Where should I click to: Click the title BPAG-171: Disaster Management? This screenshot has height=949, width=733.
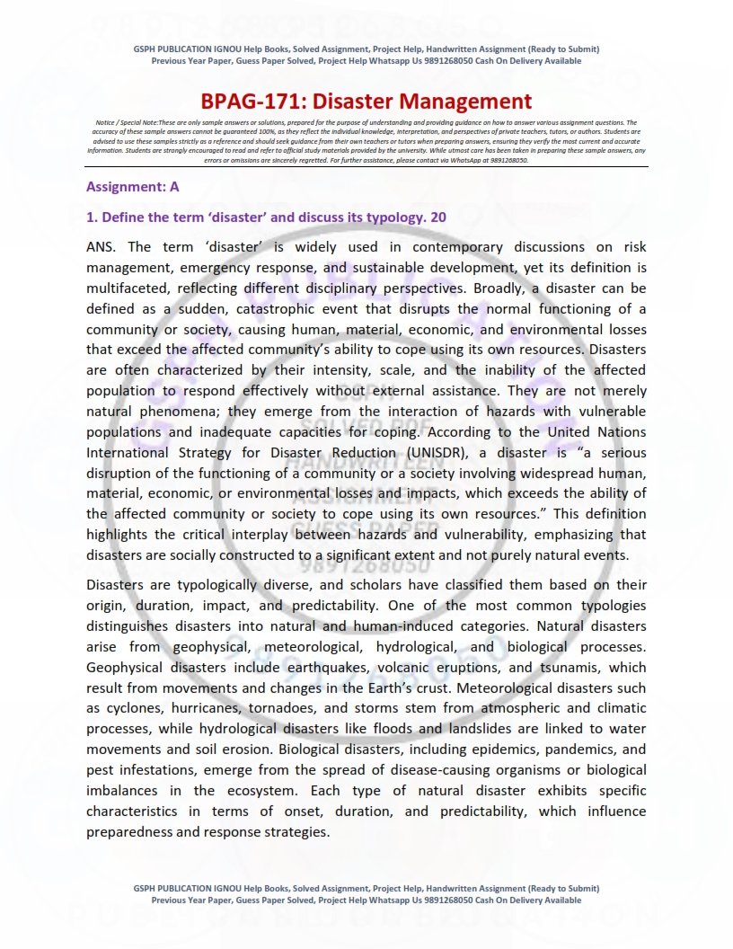[366, 102]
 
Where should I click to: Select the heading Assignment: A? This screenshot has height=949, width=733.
[132, 187]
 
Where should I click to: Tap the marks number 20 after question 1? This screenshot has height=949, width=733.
[438, 217]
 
